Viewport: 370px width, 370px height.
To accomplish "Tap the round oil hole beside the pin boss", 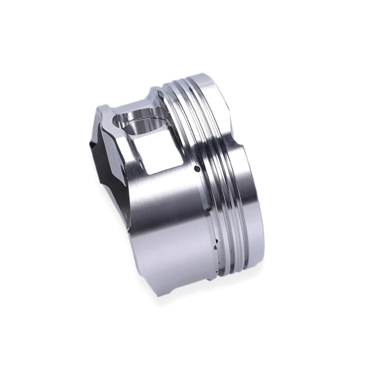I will coord(197,169).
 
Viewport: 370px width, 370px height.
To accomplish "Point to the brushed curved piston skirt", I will coord(168,231).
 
